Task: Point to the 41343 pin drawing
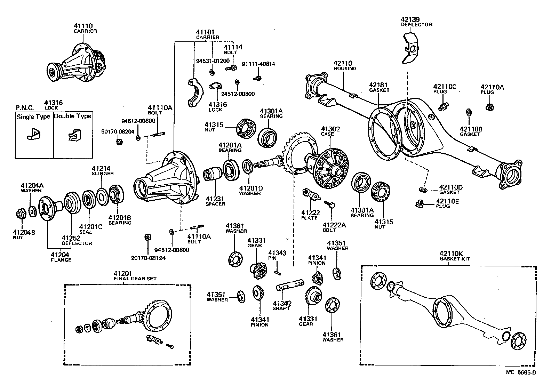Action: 277,268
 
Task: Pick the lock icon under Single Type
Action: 33,134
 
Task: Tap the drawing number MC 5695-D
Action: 521,372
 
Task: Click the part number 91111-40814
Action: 258,64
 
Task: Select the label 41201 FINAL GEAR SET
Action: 135,275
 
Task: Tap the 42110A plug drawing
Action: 489,106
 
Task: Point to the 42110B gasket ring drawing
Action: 468,112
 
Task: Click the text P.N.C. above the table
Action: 25,108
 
